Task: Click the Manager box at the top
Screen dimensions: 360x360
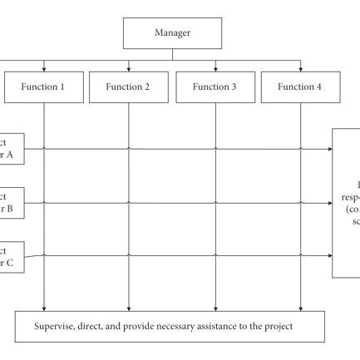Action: [x=172, y=33]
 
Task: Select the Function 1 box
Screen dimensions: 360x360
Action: [x=43, y=86]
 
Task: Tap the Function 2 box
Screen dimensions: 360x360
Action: [x=129, y=86]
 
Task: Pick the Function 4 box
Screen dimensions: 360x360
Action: [x=300, y=86]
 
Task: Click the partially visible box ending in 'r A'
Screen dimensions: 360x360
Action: [x=11, y=150]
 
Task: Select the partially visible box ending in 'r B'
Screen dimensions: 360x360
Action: [x=11, y=203]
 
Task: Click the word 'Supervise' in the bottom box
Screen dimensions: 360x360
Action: [x=60, y=325]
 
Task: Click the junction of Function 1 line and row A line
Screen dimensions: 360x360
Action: [x=43, y=150]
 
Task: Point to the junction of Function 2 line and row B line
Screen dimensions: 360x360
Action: [x=129, y=203]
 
